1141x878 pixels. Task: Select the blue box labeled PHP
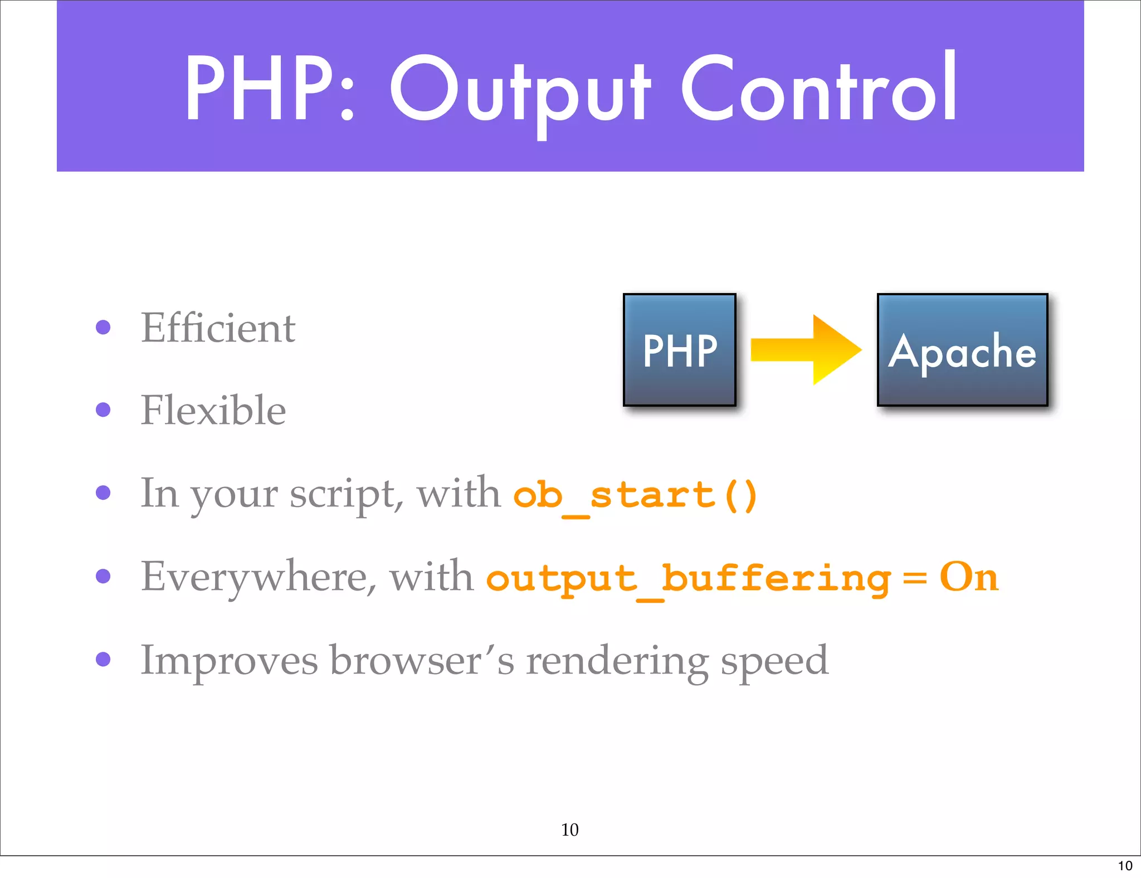tap(680, 350)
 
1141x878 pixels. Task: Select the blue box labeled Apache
tap(962, 350)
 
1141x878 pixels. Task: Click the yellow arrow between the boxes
tap(806, 350)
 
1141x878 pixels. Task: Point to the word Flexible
tap(213, 410)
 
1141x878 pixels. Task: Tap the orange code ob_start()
tap(635, 495)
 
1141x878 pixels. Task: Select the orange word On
tap(969, 577)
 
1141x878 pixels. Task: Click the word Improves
tap(229, 661)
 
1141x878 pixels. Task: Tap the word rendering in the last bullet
tap(617, 661)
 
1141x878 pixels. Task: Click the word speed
tap(774, 661)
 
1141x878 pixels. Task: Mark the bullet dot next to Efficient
tap(103, 327)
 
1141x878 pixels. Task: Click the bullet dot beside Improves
tap(103, 659)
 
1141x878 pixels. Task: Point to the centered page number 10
tap(569, 830)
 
